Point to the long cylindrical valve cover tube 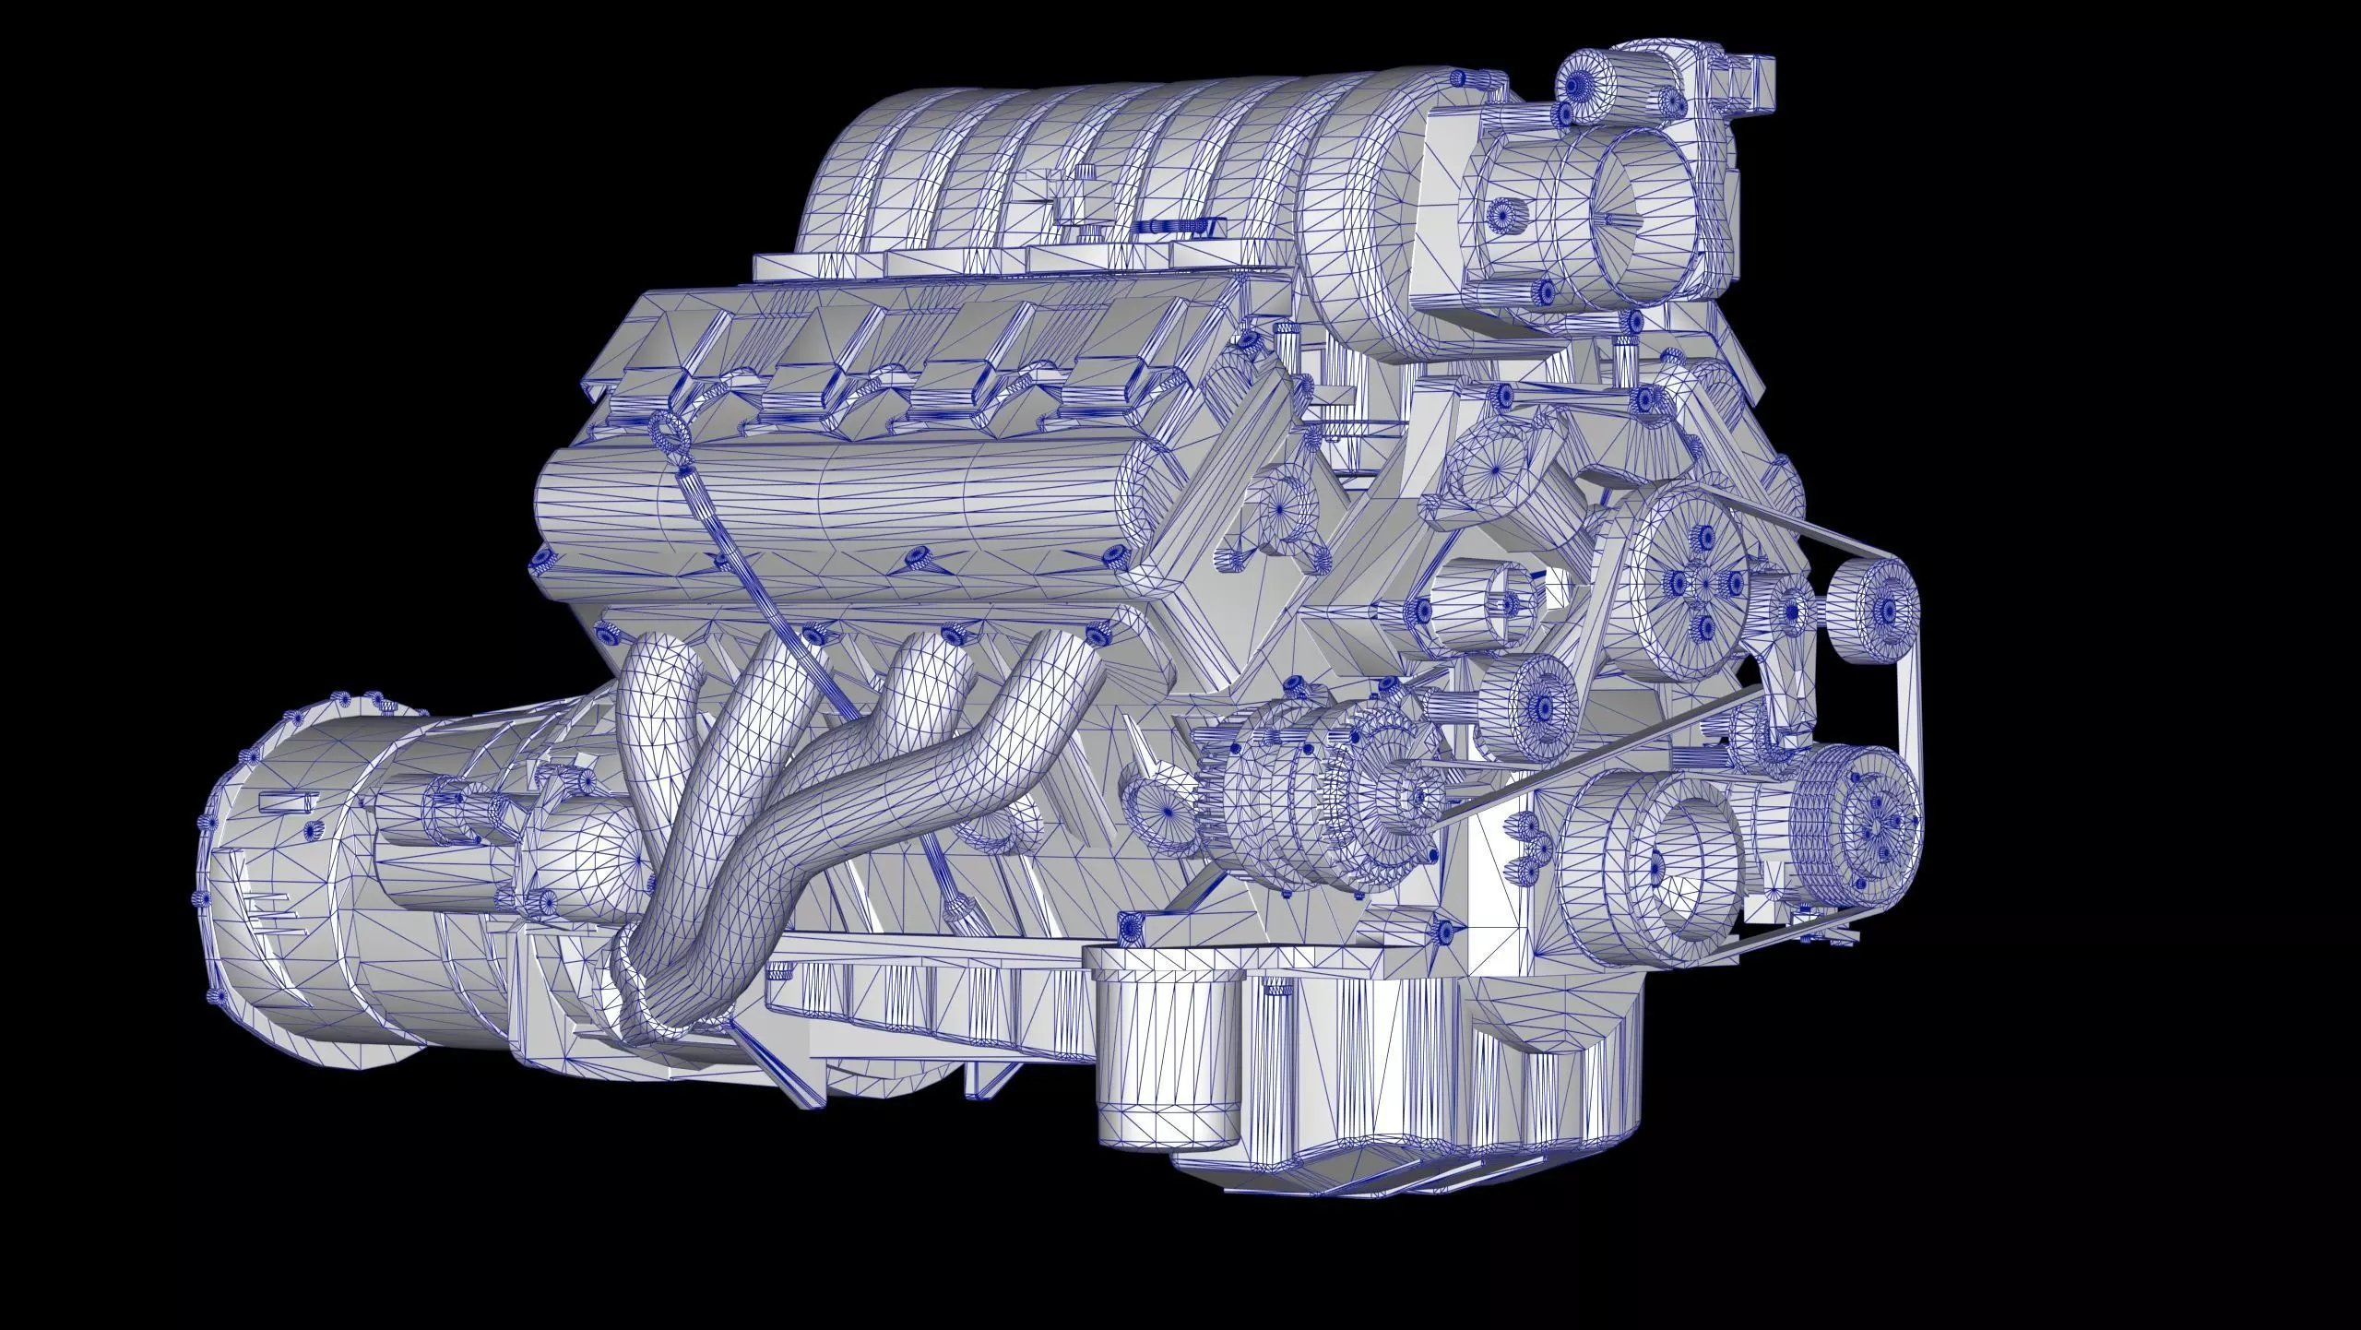(830, 517)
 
